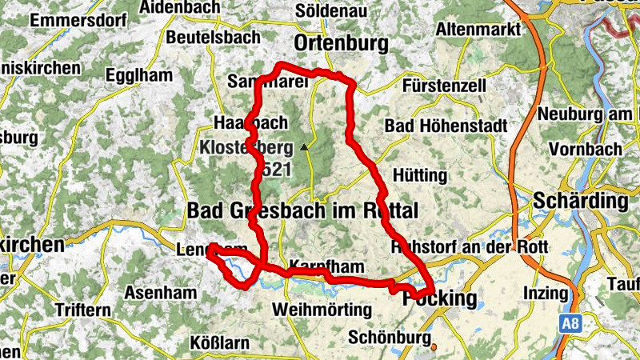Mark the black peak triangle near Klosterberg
tap(303, 147)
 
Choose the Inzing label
tap(545, 293)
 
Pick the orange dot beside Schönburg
tap(435, 346)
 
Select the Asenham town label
tap(160, 293)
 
